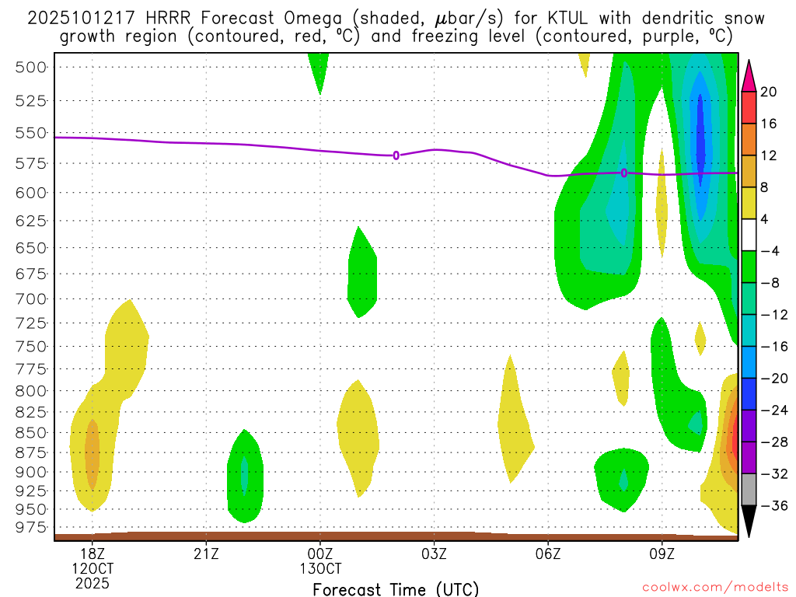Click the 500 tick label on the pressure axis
31,67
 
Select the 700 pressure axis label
31,298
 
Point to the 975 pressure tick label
31,528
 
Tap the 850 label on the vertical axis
31,432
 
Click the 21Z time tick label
206,553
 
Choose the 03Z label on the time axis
434,553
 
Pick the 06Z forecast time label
548,553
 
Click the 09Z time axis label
662,553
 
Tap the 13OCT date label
320,568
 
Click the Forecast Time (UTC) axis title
396,588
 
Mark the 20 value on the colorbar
769,93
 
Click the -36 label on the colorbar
773,506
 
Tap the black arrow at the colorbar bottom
749,521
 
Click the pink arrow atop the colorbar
749,75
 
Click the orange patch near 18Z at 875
93,455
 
